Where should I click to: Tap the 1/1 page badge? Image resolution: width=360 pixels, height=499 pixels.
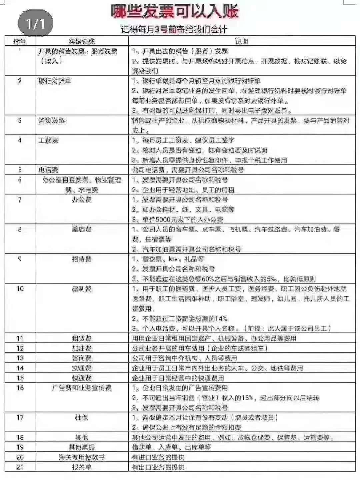point(35,23)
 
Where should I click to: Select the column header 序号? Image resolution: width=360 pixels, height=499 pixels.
point(20,41)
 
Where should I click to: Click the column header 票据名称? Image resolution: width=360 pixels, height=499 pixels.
point(82,41)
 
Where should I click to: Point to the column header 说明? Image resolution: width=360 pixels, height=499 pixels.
point(242,41)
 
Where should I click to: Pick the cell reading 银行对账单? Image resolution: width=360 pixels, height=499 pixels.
point(55,81)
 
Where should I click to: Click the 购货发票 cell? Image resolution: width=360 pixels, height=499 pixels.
point(51,120)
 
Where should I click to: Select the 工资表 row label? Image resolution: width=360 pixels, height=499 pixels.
point(48,140)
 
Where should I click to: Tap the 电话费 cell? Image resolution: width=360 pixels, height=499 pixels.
point(48,170)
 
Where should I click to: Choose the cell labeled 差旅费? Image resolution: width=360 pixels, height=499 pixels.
point(82,229)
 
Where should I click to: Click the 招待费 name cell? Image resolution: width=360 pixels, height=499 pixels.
point(82,259)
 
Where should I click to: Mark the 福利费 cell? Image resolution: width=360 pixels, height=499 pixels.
point(82,289)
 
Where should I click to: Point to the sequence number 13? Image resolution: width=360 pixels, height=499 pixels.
point(20,358)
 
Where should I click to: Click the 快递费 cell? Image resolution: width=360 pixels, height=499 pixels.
point(82,378)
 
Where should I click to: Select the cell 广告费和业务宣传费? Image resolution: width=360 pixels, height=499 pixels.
point(82,388)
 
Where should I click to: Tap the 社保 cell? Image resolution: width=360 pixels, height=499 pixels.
point(82,418)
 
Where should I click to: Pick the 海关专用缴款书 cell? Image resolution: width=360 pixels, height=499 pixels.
point(82,457)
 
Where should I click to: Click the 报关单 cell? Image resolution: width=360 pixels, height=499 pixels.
point(82,467)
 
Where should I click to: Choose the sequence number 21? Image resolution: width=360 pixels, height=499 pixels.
point(20,467)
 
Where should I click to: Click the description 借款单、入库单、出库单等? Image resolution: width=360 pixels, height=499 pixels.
point(171,447)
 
